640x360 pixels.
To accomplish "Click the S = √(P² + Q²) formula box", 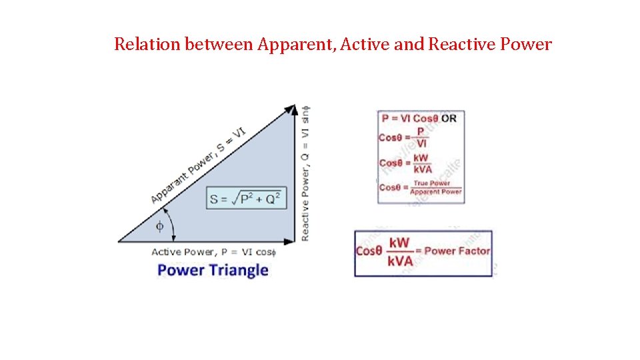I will point(246,198).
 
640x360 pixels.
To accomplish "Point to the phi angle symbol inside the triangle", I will point(159,226).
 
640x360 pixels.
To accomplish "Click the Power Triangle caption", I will point(213,270).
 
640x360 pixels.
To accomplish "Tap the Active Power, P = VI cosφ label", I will point(214,252).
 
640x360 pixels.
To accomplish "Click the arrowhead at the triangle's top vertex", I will point(291,109).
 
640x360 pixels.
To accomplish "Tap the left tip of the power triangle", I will point(121,241).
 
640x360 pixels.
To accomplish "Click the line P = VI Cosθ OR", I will point(419,119).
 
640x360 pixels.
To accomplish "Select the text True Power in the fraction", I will point(431,183).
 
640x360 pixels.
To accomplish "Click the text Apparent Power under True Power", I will point(435,192).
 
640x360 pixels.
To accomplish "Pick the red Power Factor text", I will point(457,251).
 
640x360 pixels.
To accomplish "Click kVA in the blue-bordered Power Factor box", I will point(400,261).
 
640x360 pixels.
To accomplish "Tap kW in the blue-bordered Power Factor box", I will point(400,243).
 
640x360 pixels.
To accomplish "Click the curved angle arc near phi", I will point(171,227).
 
